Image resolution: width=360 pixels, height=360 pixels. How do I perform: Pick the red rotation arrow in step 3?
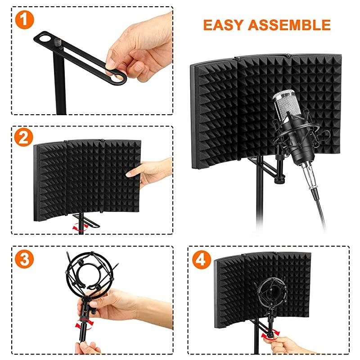82,324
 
